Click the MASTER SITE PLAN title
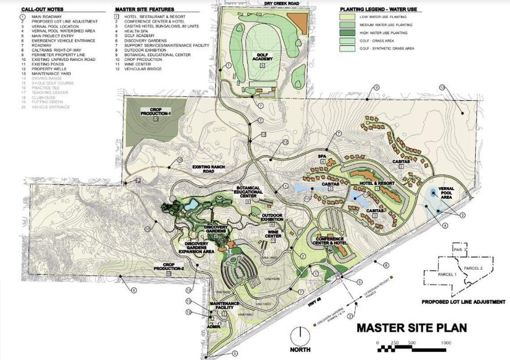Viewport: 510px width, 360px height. (411, 328)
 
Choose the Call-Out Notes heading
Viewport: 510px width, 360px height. (42, 9)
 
